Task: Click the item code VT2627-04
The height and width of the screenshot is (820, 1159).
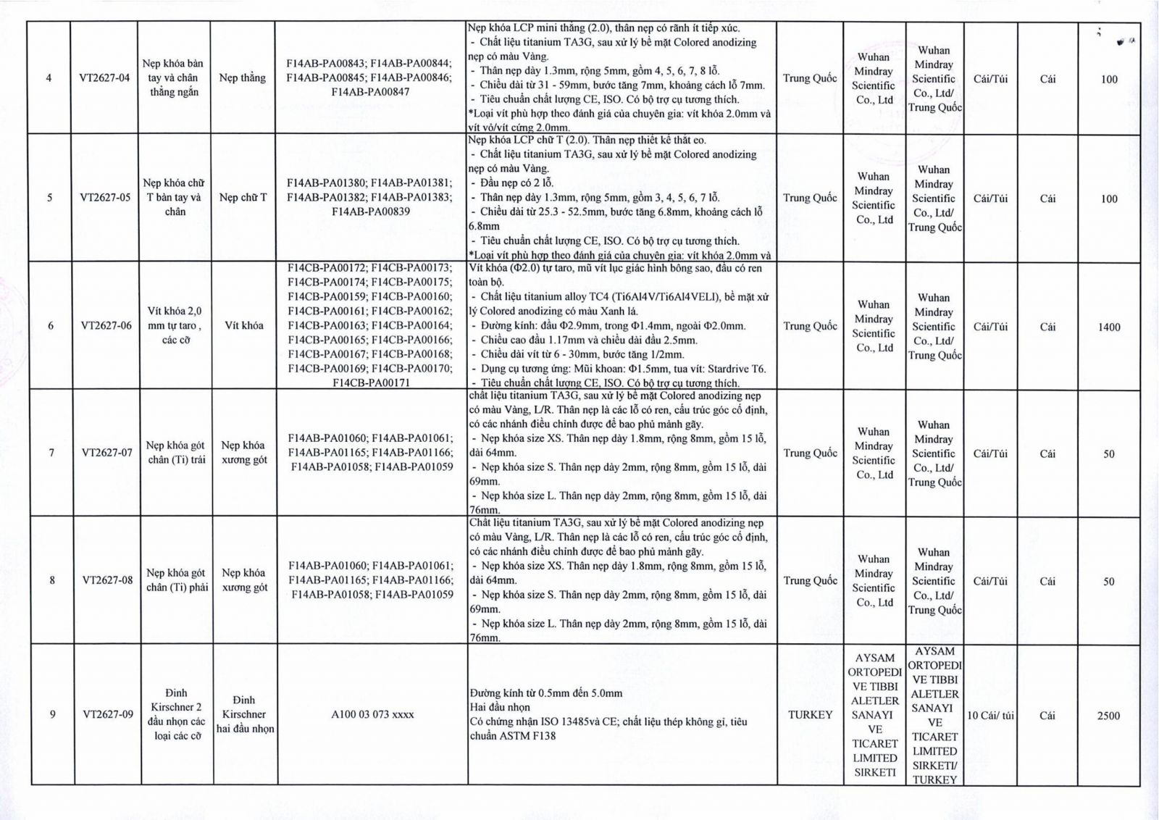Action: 105,78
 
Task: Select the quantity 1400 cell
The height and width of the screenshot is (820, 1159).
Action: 1108,327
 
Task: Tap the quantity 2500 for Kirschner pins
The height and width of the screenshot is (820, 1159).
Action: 1108,716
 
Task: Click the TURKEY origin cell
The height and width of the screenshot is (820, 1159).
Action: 810,715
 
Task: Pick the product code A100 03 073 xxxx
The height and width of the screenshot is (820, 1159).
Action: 372,714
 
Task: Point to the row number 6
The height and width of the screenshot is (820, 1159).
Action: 51,326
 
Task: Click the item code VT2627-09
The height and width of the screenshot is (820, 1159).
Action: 108,714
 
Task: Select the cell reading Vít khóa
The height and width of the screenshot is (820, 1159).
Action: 244,325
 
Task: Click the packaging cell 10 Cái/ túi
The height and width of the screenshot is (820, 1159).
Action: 990,716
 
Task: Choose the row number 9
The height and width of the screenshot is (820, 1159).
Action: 52,714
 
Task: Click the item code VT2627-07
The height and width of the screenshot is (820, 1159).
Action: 107,453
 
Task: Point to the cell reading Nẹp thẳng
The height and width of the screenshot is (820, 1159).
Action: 243,78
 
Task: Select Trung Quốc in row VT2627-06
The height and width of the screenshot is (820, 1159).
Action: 810,326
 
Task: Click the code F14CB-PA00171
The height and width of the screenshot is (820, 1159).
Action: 370,382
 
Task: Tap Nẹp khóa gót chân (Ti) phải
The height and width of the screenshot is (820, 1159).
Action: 177,580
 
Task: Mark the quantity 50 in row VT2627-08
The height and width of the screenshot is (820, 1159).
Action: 1108,582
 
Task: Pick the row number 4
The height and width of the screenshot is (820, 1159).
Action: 49,78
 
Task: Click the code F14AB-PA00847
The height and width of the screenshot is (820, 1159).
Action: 370,92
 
